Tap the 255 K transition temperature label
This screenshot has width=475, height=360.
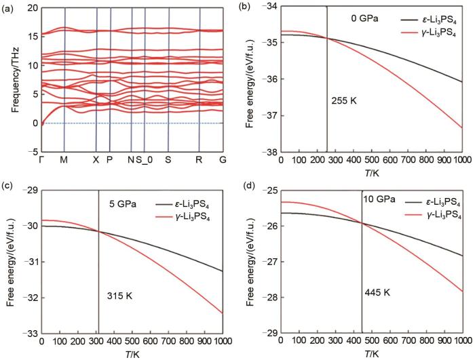coord(344,101)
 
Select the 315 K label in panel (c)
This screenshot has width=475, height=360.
coord(119,296)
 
